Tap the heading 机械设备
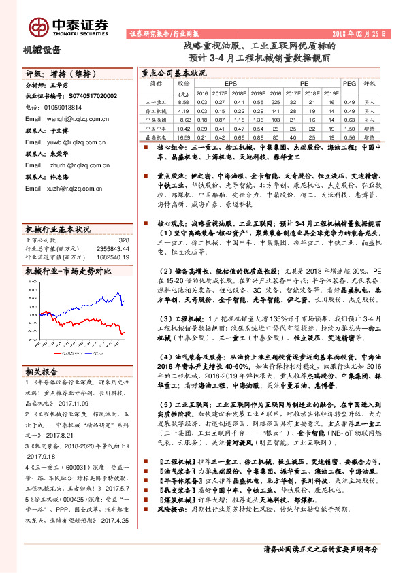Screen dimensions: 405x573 click(x=42, y=50)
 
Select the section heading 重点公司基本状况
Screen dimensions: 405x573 click(x=174, y=72)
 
